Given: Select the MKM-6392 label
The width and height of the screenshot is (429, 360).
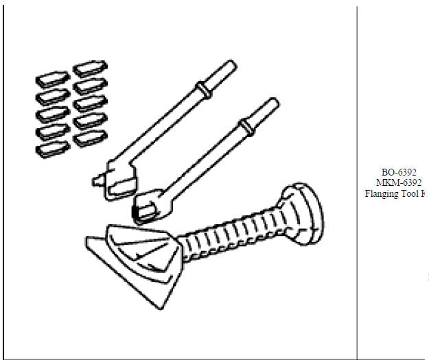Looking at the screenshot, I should coord(399,182).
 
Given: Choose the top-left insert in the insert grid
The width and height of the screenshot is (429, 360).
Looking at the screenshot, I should coord(49,79).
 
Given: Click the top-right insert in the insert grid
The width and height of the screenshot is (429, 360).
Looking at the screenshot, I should coord(87,70).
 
